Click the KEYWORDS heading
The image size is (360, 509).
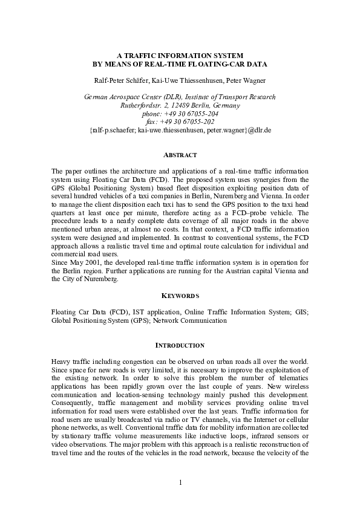(x=180, y=296)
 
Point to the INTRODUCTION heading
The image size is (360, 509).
(x=180, y=345)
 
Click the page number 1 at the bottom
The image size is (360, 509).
(x=180, y=482)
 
